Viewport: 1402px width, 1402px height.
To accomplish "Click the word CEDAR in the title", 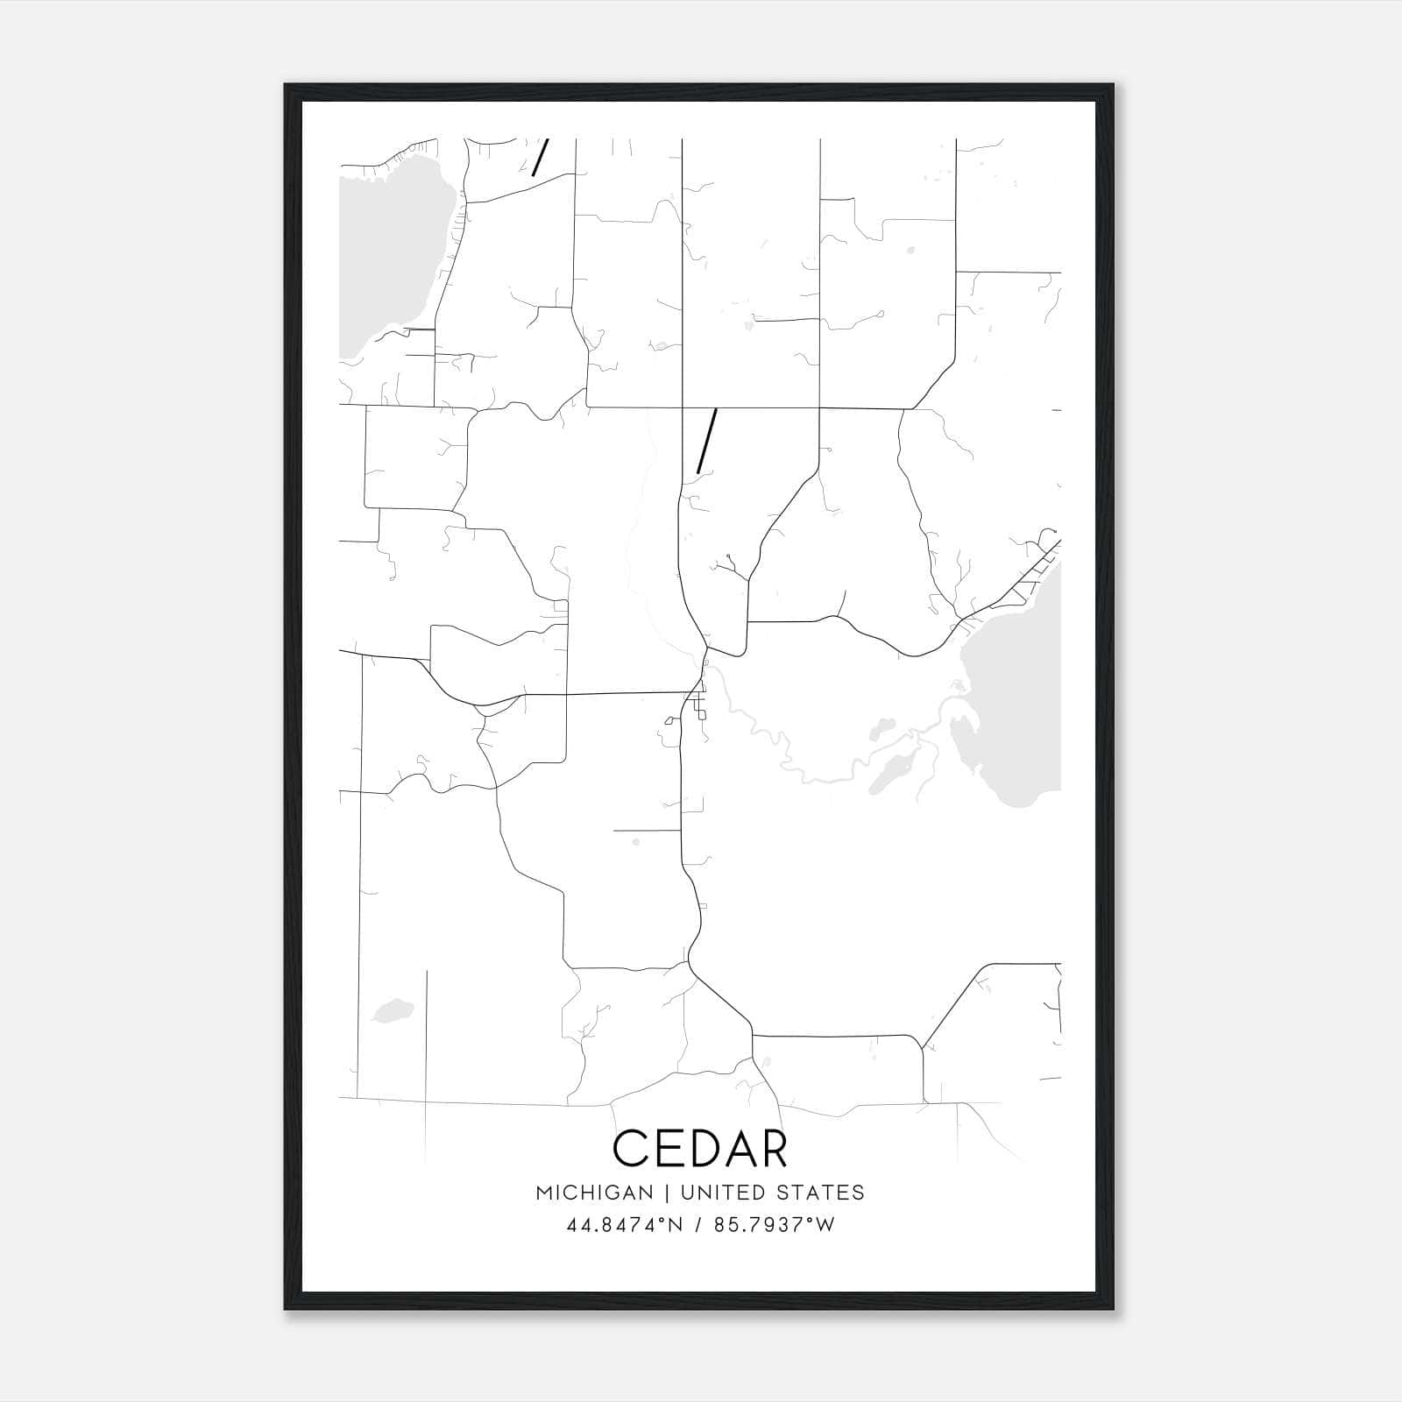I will [700, 1148].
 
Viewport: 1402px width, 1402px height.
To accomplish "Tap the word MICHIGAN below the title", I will [594, 1193].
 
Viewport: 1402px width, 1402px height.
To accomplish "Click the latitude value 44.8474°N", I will [625, 1225].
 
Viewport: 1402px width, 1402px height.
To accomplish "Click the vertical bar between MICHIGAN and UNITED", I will [667, 1193].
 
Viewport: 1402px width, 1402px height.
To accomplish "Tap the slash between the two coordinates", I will [699, 1225].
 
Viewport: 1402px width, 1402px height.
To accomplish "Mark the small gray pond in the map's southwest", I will [392, 1010].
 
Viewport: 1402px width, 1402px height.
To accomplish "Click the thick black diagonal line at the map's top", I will [541, 157].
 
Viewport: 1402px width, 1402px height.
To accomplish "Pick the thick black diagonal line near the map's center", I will [706, 441].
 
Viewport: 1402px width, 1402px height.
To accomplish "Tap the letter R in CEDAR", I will [770, 1148].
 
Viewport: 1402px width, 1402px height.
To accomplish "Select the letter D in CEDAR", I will [701, 1148].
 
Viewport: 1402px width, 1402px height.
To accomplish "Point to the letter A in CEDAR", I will [736, 1148].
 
